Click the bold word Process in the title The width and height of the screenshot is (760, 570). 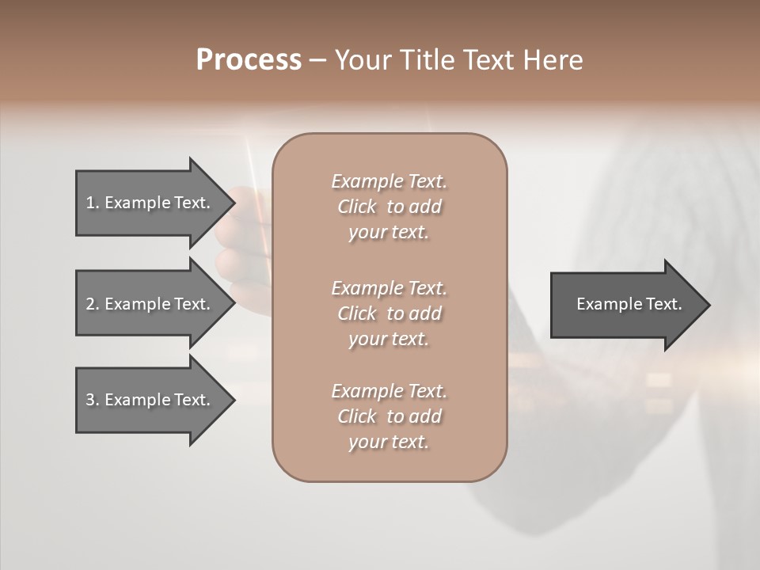click(249, 60)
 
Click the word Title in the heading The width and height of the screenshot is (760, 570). click(427, 60)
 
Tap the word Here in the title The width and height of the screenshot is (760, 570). click(554, 60)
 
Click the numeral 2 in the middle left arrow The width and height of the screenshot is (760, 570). click(90, 304)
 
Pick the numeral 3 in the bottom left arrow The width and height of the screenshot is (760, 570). click(90, 400)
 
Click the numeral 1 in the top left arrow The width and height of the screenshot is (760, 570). click(90, 203)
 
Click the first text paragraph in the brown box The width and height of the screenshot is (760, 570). click(389, 207)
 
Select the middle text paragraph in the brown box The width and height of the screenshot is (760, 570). click(389, 313)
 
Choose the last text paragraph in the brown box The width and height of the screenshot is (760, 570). click(389, 416)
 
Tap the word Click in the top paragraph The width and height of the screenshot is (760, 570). click(357, 207)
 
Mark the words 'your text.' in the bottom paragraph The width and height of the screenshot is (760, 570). click(389, 443)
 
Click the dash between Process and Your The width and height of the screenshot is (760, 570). click(317, 60)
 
